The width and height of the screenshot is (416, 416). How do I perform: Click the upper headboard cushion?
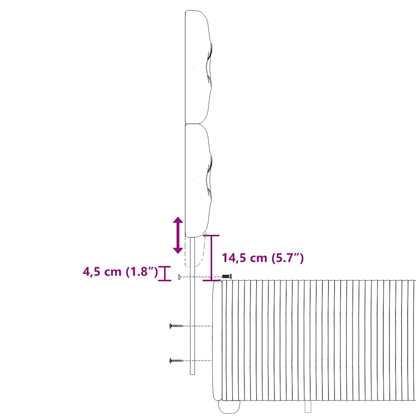pos(198,67)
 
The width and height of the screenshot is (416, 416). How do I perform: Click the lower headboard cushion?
pos(198,180)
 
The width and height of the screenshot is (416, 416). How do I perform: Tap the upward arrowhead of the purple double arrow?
pos(178,220)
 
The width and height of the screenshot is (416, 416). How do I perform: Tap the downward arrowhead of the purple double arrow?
pos(178,250)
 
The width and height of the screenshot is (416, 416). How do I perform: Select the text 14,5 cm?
pos(244,258)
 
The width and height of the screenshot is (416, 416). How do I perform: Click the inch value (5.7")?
pos(288,258)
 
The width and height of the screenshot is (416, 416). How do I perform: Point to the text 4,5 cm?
pos(102,272)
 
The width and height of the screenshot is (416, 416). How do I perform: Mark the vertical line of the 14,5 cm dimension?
pos(211,258)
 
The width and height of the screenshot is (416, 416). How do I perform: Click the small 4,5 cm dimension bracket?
pos(165,273)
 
